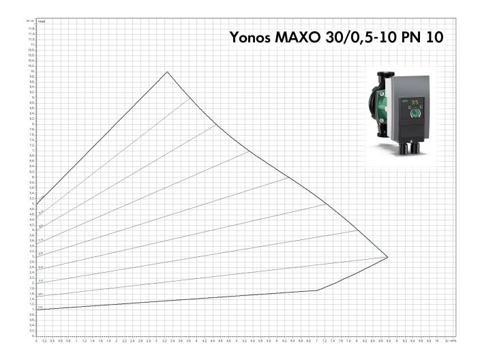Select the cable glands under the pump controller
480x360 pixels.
tap(409, 145)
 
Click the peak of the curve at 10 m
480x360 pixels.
tap(167, 72)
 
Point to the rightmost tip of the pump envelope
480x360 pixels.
tap(387, 257)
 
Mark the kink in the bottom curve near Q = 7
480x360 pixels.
tap(316, 290)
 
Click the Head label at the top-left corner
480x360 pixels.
tap(41, 22)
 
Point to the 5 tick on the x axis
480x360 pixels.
tap(237, 340)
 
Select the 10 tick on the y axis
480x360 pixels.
tap(31, 72)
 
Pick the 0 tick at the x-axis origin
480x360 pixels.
tap(37, 340)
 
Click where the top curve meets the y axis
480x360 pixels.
tap(37, 204)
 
